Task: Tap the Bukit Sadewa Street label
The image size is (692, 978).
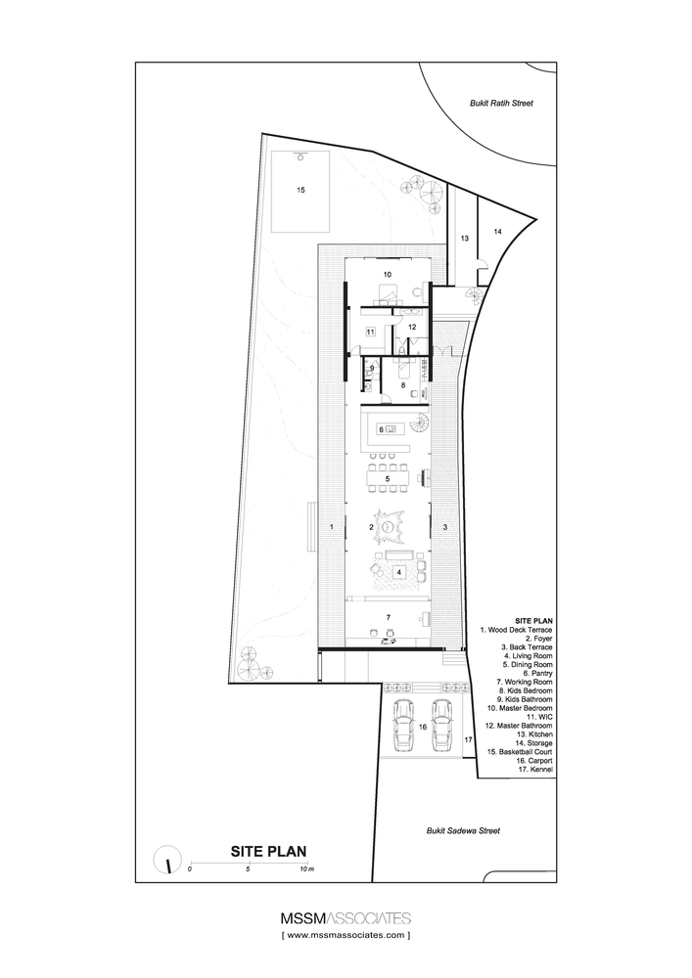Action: [462, 830]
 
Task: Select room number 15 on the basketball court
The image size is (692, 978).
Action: [300, 190]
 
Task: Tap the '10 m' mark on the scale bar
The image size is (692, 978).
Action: [307, 868]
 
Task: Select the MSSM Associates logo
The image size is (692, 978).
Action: [346, 918]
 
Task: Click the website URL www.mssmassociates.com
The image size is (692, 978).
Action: [346, 936]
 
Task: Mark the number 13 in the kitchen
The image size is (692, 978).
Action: [465, 239]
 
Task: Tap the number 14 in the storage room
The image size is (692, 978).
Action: [496, 232]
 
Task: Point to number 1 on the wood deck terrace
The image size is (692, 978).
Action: [332, 527]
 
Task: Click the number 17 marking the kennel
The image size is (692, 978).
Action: [468, 739]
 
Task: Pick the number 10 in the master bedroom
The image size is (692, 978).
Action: [387, 275]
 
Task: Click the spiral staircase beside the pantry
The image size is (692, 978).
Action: [418, 423]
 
